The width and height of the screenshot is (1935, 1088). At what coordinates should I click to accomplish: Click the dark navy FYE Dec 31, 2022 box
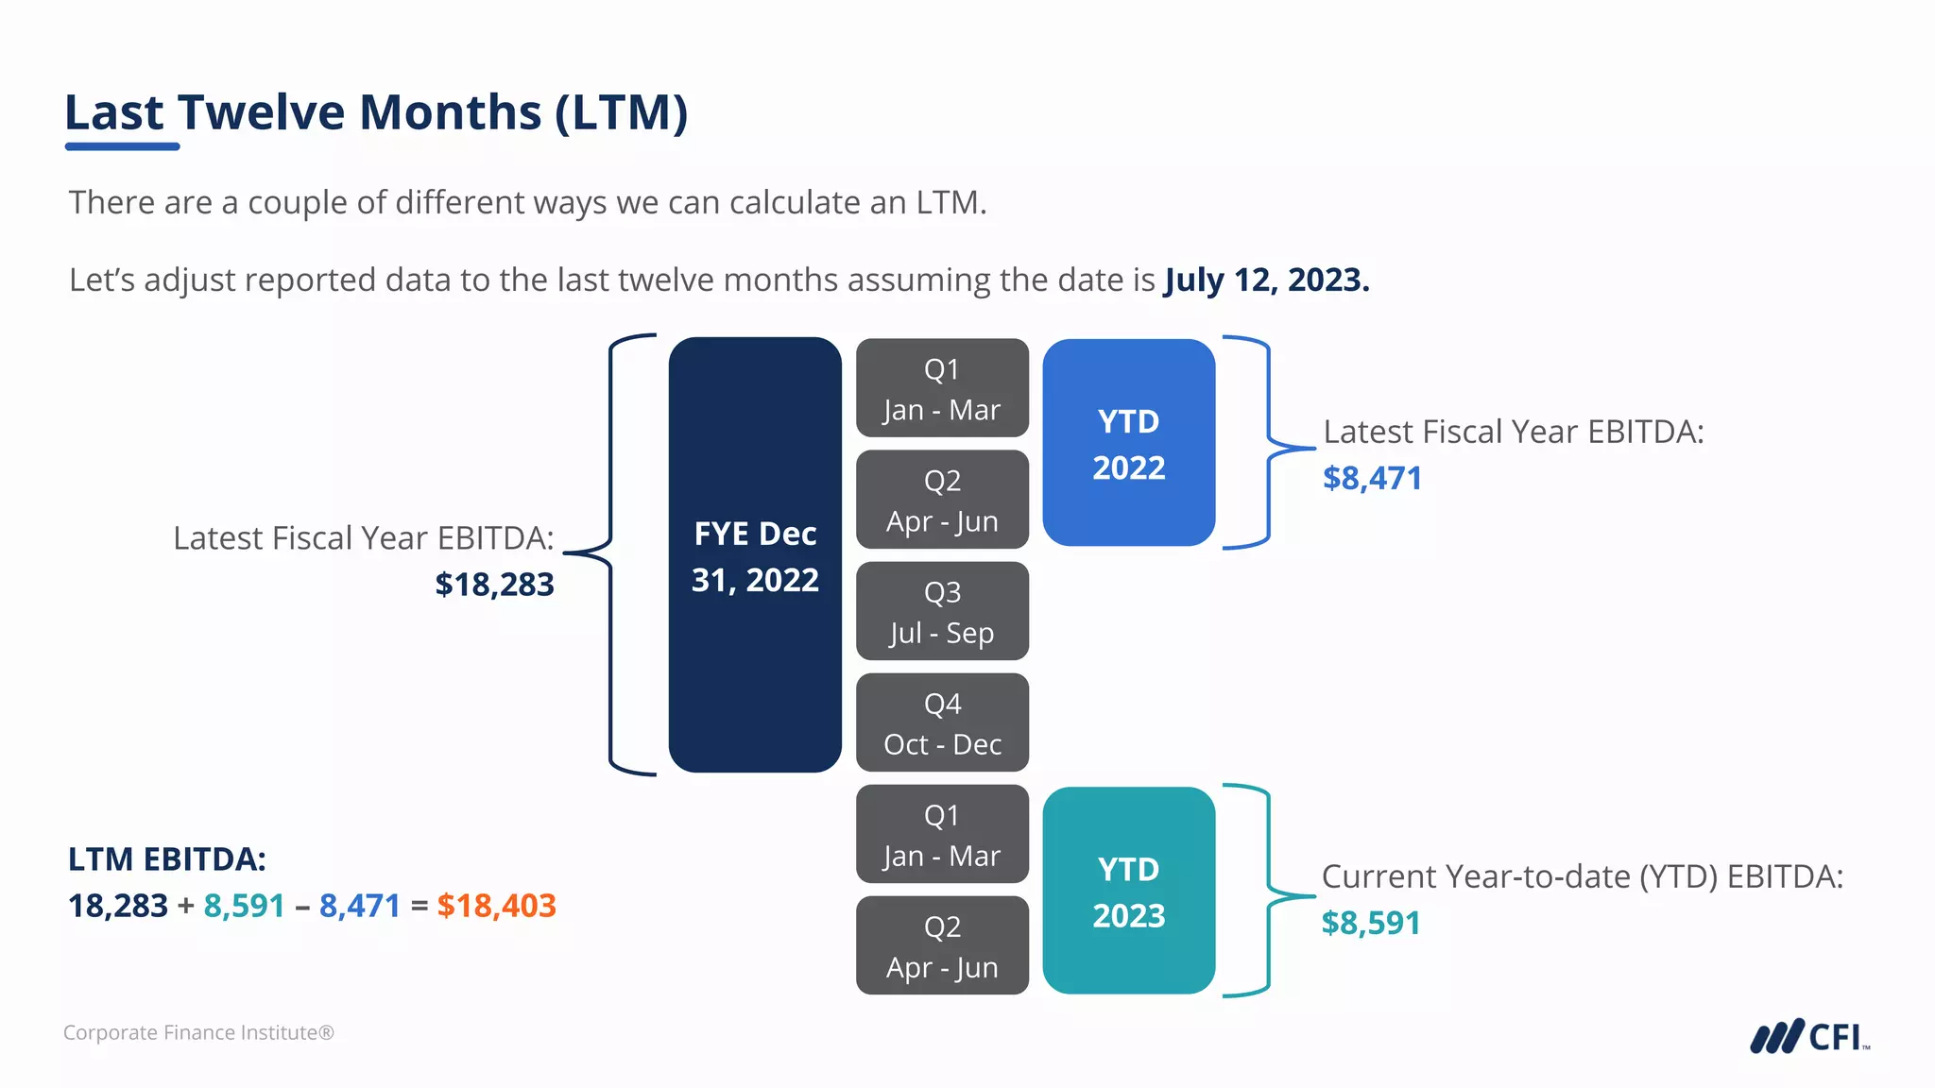coord(755,555)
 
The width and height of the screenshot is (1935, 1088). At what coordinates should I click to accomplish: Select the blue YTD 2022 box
coord(1128,443)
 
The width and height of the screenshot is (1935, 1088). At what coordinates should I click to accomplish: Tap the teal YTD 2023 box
coord(1128,891)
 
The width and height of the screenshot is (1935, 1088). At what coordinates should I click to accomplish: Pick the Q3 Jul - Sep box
coord(942,611)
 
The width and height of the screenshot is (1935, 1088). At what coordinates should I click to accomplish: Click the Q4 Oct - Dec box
coord(942,722)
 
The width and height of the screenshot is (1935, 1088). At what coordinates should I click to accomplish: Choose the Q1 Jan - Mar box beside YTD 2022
coord(942,388)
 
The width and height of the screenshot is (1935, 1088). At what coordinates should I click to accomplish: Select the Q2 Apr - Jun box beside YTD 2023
coord(942,945)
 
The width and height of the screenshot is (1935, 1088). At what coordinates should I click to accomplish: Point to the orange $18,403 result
coord(496,906)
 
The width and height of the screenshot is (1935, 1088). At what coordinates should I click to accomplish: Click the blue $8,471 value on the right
coord(1372,478)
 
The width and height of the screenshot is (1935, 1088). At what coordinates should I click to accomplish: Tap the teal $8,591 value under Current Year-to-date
coord(1370,923)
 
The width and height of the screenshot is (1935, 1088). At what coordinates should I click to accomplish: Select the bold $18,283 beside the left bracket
coord(494,585)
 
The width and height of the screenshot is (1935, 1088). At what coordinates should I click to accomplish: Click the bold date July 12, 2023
coord(1266,280)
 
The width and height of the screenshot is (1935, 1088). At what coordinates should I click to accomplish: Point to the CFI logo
coord(1808,1036)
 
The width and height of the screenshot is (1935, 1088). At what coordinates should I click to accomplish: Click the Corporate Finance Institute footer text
coord(198,1032)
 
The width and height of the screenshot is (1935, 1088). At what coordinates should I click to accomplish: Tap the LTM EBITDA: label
coord(167,859)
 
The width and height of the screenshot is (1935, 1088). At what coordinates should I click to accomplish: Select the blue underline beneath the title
coord(122,146)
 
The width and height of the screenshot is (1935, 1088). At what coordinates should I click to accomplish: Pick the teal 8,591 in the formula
coord(244,906)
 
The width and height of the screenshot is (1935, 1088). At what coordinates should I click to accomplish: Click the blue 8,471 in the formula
coord(360,906)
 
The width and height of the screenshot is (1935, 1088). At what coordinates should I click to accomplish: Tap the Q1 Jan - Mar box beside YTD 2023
coord(942,834)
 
